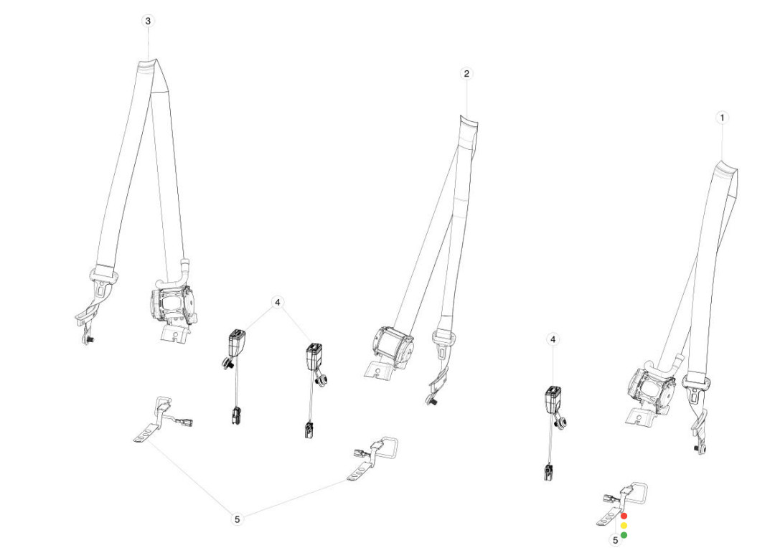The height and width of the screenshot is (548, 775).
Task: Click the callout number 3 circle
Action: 149,22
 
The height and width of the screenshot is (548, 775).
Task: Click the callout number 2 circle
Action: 466,74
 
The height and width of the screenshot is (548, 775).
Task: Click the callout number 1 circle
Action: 722,117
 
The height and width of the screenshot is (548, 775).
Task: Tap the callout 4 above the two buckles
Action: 278,303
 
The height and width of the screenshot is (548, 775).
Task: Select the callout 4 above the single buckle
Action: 552,339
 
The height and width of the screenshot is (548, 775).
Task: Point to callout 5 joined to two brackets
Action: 238,519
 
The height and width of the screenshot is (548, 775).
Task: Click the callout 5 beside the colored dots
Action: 615,540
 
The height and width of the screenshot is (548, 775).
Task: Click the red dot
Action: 624,516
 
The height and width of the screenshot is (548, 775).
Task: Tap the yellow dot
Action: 624,526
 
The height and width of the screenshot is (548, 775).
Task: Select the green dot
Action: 624,535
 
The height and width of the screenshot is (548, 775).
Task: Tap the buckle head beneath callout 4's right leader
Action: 314,354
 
